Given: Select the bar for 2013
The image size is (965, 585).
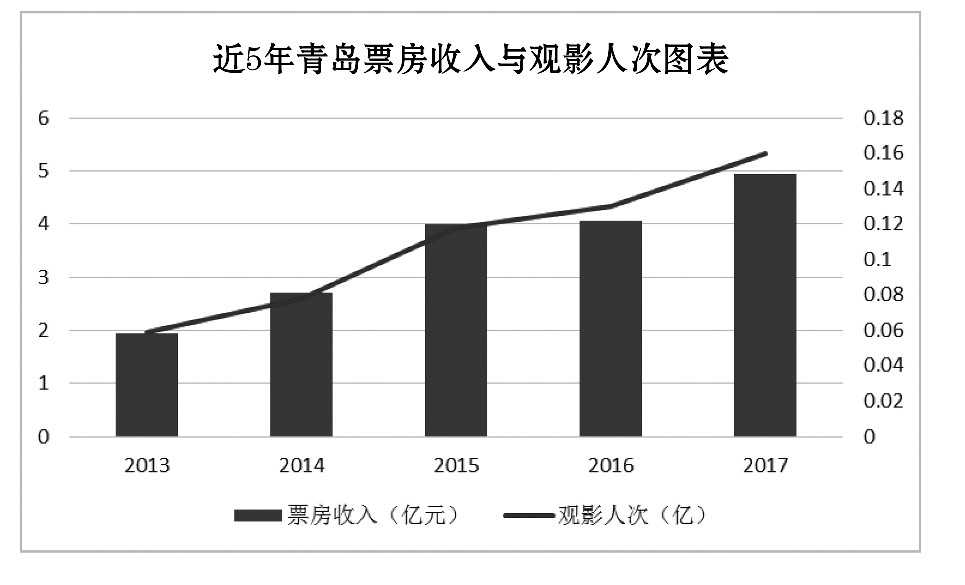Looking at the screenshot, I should (x=147, y=385).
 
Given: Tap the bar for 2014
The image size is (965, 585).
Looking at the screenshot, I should (x=301, y=365).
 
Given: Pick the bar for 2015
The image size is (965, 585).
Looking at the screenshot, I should (x=456, y=331).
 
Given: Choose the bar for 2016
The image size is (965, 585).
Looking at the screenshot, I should (x=610, y=329).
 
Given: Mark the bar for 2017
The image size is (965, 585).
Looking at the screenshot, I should (x=765, y=306).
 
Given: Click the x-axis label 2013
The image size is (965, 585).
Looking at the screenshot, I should (x=147, y=466).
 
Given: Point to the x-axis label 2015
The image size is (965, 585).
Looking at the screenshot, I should (x=456, y=466).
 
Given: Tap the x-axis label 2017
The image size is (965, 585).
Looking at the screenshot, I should (x=765, y=466).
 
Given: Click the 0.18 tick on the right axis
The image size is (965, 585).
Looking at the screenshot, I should (x=882, y=118).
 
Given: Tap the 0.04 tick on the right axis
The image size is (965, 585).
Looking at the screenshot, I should (x=882, y=366).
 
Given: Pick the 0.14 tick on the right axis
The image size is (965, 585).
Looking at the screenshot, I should (x=882, y=189).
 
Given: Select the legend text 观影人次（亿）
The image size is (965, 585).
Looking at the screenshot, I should (x=631, y=516).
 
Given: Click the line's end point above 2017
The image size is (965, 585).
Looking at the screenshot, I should (x=765, y=153).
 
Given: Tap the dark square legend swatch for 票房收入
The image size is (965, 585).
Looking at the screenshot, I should (x=258, y=516).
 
